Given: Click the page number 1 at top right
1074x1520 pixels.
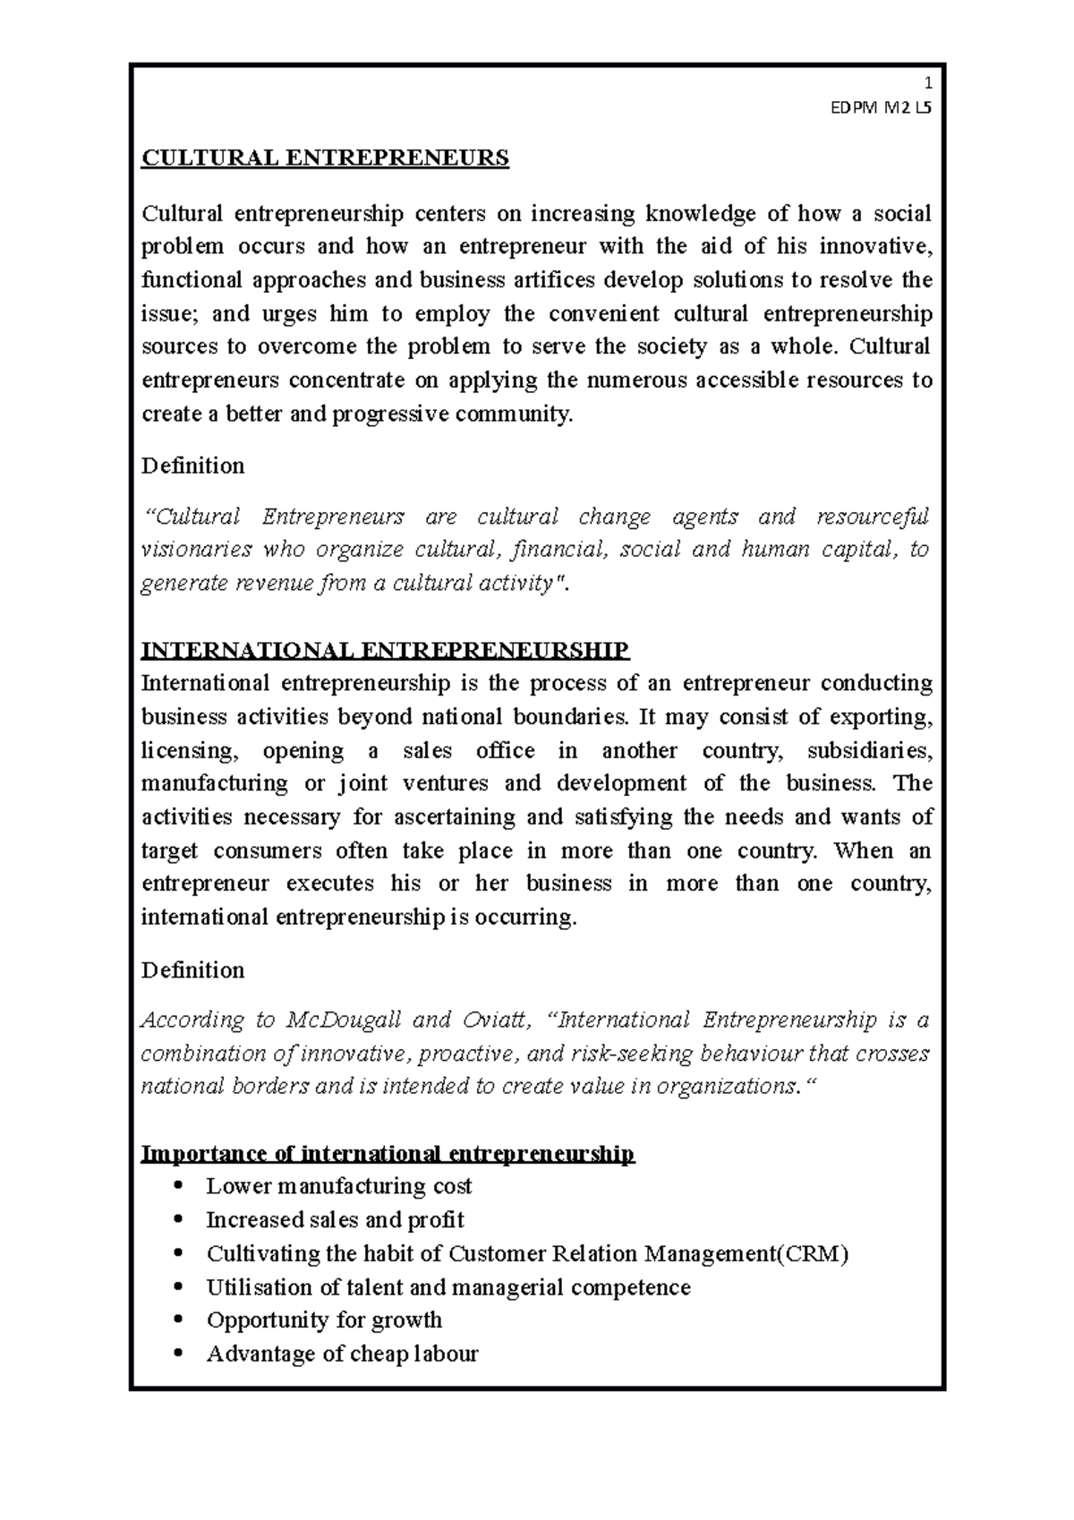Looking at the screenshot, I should (x=928, y=84).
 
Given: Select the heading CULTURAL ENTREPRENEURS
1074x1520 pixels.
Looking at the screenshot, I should (x=325, y=158).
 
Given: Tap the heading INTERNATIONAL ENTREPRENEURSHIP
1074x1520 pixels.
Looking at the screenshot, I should (x=386, y=650).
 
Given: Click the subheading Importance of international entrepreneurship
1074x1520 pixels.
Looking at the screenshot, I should (x=388, y=1153).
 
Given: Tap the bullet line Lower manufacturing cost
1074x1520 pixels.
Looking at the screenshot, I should (x=338, y=1186).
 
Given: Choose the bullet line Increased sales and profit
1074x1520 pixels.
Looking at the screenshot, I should (x=335, y=1220).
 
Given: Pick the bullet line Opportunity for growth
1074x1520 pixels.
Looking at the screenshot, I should (x=324, y=1320).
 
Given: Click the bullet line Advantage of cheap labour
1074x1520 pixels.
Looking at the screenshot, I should (x=342, y=1353).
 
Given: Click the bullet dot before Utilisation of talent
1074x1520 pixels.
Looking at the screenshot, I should (x=180, y=1287).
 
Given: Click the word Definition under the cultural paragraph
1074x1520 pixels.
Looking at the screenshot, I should (x=192, y=465).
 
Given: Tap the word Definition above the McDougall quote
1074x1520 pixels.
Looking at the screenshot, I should (x=192, y=970).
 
